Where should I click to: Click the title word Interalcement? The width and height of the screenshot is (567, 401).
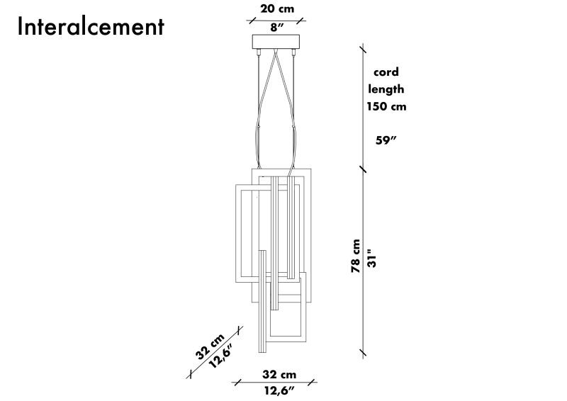coord(91,26)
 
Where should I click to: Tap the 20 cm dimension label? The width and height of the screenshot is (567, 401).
coord(277,9)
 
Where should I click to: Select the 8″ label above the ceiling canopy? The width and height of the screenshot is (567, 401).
coord(276,28)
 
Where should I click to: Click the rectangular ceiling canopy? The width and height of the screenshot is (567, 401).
coord(276,41)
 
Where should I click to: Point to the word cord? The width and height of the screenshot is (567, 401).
coord(386,72)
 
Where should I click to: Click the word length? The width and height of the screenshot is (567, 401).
coord(386,89)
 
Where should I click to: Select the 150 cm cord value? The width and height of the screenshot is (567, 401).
coord(386,106)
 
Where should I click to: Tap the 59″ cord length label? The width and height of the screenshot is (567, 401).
coord(386,140)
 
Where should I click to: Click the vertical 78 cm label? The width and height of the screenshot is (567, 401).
coord(356,256)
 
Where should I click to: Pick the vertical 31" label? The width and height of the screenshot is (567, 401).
coord(371,258)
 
